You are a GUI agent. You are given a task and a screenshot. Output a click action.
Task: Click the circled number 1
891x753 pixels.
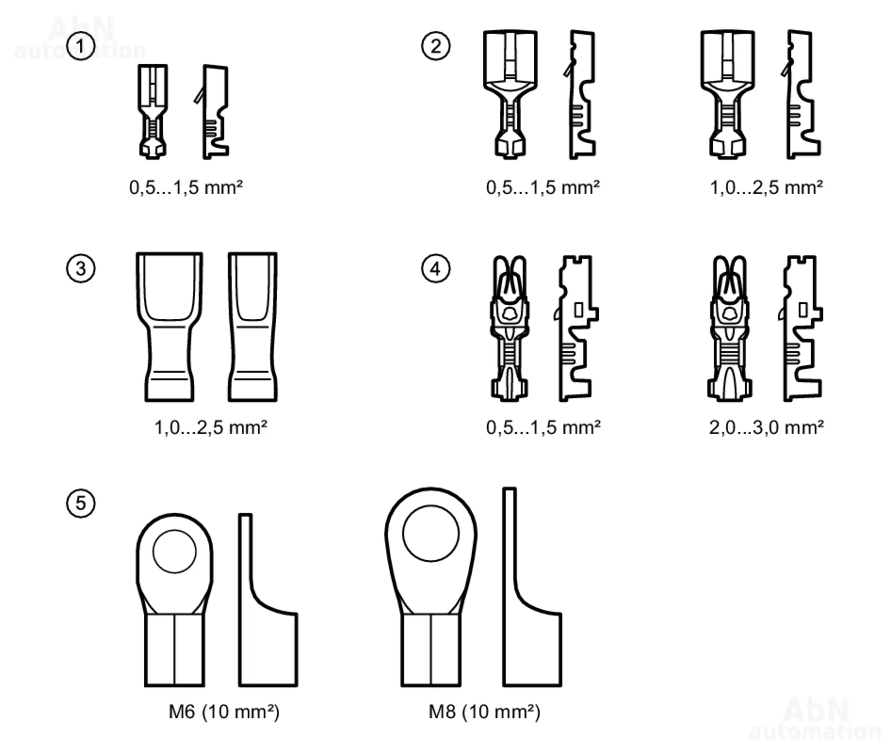81,46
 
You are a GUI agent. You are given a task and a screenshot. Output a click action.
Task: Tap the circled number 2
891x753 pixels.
436,46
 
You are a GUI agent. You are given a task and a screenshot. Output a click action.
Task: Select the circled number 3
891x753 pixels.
81,269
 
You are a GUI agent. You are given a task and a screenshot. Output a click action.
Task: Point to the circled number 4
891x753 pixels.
436,269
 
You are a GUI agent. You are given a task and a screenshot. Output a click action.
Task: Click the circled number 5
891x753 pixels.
81,503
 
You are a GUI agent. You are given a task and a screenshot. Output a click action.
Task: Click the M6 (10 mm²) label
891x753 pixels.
224,712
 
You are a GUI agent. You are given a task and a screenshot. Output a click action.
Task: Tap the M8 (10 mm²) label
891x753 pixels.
484,712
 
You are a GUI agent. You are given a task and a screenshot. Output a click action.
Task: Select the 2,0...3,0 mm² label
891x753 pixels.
766,427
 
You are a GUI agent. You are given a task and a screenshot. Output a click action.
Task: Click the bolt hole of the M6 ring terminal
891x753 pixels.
175,551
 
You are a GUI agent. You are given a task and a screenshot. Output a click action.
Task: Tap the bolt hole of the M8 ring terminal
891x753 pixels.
431,533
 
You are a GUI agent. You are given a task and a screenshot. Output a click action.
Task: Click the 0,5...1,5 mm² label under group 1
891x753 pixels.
186,187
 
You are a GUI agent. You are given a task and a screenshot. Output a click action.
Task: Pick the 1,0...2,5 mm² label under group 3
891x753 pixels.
211,427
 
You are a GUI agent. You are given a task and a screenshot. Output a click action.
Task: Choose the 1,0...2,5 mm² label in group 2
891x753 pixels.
766,187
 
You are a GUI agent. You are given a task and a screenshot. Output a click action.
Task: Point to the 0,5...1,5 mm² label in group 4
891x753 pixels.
543,427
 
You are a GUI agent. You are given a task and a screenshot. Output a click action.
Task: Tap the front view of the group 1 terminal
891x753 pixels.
153,111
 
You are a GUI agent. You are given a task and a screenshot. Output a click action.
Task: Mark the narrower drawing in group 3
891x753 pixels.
253,327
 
